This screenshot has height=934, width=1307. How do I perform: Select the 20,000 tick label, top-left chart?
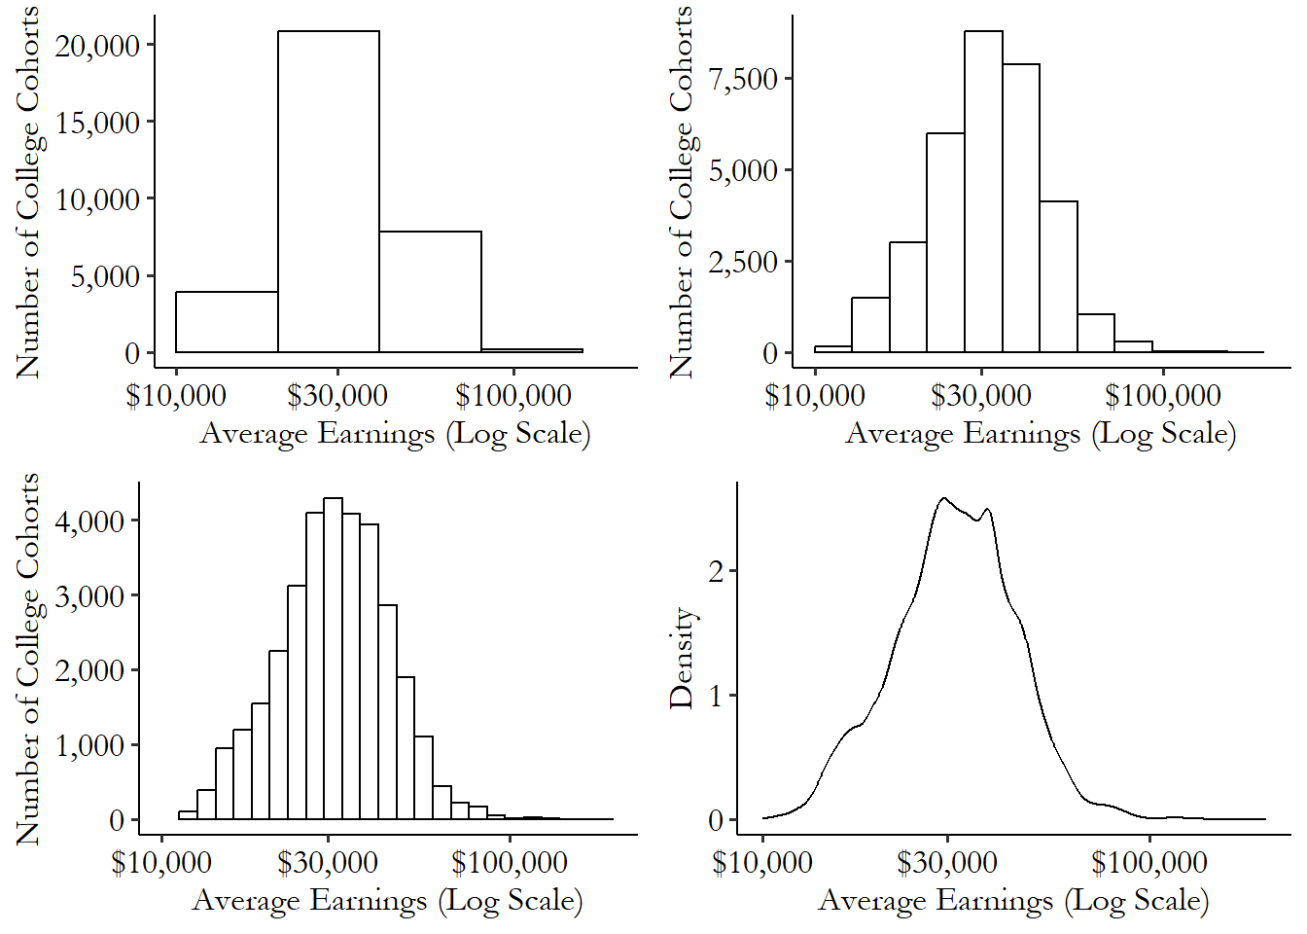pos(97,46)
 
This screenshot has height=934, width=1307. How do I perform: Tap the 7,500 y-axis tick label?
pos(744,79)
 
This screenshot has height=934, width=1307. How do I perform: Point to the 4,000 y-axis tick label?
pos(89,521)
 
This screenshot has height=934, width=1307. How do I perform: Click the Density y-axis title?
pos(682,658)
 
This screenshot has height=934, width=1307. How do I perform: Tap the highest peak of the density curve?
pos(942,499)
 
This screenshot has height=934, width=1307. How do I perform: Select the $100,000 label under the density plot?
pos(1148,862)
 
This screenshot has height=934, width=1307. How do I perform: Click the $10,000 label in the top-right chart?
pos(814,396)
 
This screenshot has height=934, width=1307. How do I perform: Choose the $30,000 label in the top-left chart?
pos(337,396)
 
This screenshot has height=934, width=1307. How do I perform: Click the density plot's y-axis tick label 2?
pos(717,571)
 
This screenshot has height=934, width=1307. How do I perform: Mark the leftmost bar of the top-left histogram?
pos(227,322)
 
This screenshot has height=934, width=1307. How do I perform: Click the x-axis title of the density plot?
pos(1013,900)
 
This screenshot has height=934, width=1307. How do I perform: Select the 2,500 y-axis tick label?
pos(744,262)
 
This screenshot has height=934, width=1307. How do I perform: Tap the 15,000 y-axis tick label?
pos(97,123)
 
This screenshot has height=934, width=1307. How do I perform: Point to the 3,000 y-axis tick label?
pos(89,596)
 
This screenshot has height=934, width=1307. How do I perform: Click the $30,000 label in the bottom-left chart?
pos(328,862)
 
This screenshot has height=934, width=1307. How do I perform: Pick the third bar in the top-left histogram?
pos(430,292)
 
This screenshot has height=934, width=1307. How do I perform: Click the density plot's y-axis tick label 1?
pos(717,697)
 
